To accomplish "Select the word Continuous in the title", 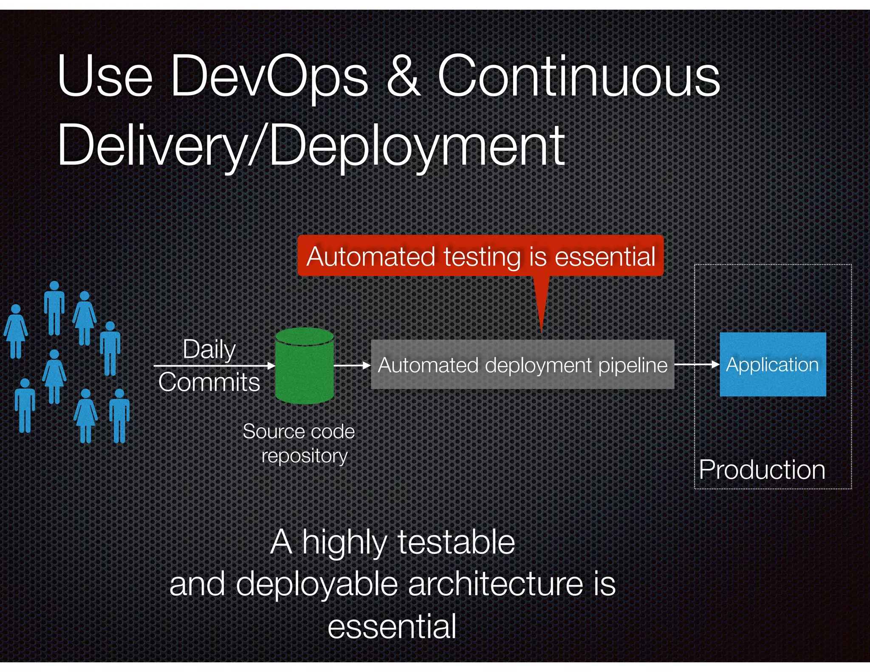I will click(579, 76).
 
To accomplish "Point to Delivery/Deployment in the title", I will click(311, 146).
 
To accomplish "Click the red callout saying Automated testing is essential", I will click(480, 256).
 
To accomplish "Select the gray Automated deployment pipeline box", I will click(522, 364).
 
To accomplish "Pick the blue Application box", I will click(772, 364).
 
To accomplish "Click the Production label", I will click(762, 470).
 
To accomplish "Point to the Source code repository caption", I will click(299, 443).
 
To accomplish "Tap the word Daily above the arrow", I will click(209, 349).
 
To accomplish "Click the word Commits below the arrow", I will click(209, 382).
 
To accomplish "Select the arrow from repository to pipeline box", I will click(352, 365).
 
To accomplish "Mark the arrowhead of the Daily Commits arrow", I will click(271, 365).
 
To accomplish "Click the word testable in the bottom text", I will click(456, 542).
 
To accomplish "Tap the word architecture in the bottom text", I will click(495, 584).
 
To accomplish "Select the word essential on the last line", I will click(392, 626).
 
